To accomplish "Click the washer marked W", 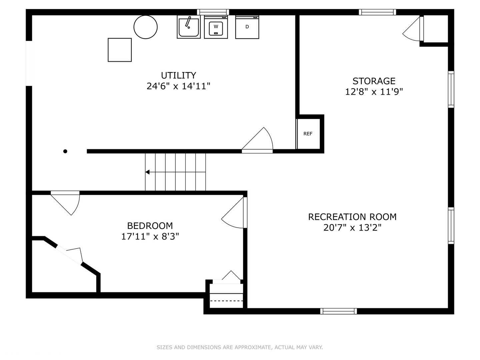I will click(216, 27).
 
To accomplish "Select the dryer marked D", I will click(247, 27).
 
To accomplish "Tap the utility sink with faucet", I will click(188, 27).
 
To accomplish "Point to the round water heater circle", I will click(145, 27).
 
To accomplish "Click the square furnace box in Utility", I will click(120, 50).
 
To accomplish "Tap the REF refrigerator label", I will click(308, 134).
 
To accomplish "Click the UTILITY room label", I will click(178, 75).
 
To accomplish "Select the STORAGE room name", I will click(374, 81).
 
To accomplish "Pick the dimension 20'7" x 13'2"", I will click(352, 228).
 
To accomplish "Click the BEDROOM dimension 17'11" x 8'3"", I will click(150, 237).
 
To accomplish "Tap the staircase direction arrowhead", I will click(147, 172).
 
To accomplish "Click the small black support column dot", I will click(65, 151).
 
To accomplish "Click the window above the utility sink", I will click(213, 12).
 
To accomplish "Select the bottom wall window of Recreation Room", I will click(339, 311).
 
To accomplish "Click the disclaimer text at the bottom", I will click(240, 347).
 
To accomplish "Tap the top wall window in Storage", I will click(377, 12).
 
